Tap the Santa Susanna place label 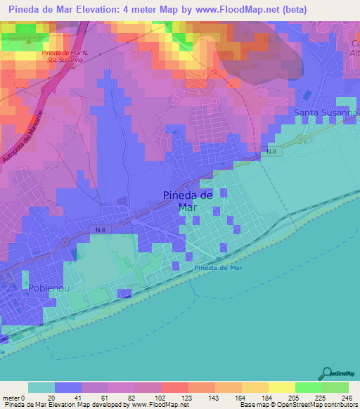(x=326, y=112)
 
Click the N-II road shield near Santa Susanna (x=271, y=150)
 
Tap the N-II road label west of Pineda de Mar (x=100, y=228)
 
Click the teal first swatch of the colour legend (x=41, y=387)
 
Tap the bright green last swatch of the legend (x=335, y=387)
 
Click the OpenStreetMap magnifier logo (x=327, y=374)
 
